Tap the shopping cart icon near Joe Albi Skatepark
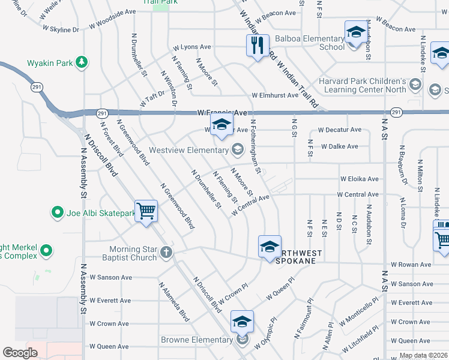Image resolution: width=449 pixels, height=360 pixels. click(x=146, y=211)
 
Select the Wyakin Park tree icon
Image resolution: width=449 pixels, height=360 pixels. click(x=82, y=62)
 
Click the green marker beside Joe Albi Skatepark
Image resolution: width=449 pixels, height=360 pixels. click(x=58, y=212)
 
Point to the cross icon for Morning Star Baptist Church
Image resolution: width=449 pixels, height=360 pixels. click(x=166, y=253)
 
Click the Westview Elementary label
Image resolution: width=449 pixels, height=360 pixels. click(x=188, y=149)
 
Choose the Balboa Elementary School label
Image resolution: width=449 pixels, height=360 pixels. click(x=306, y=43)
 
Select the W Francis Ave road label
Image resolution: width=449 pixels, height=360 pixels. click(x=222, y=113)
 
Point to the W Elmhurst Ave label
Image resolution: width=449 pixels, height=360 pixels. click(x=275, y=95)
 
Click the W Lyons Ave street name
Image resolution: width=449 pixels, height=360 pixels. click(x=192, y=47)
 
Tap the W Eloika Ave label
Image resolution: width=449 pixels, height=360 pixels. click(x=360, y=179)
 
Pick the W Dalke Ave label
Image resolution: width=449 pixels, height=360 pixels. click(x=339, y=146)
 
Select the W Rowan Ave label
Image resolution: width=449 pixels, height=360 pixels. click(x=411, y=264)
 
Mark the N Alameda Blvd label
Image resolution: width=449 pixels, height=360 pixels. click(x=174, y=301)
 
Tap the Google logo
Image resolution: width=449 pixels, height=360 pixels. click(x=20, y=353)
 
